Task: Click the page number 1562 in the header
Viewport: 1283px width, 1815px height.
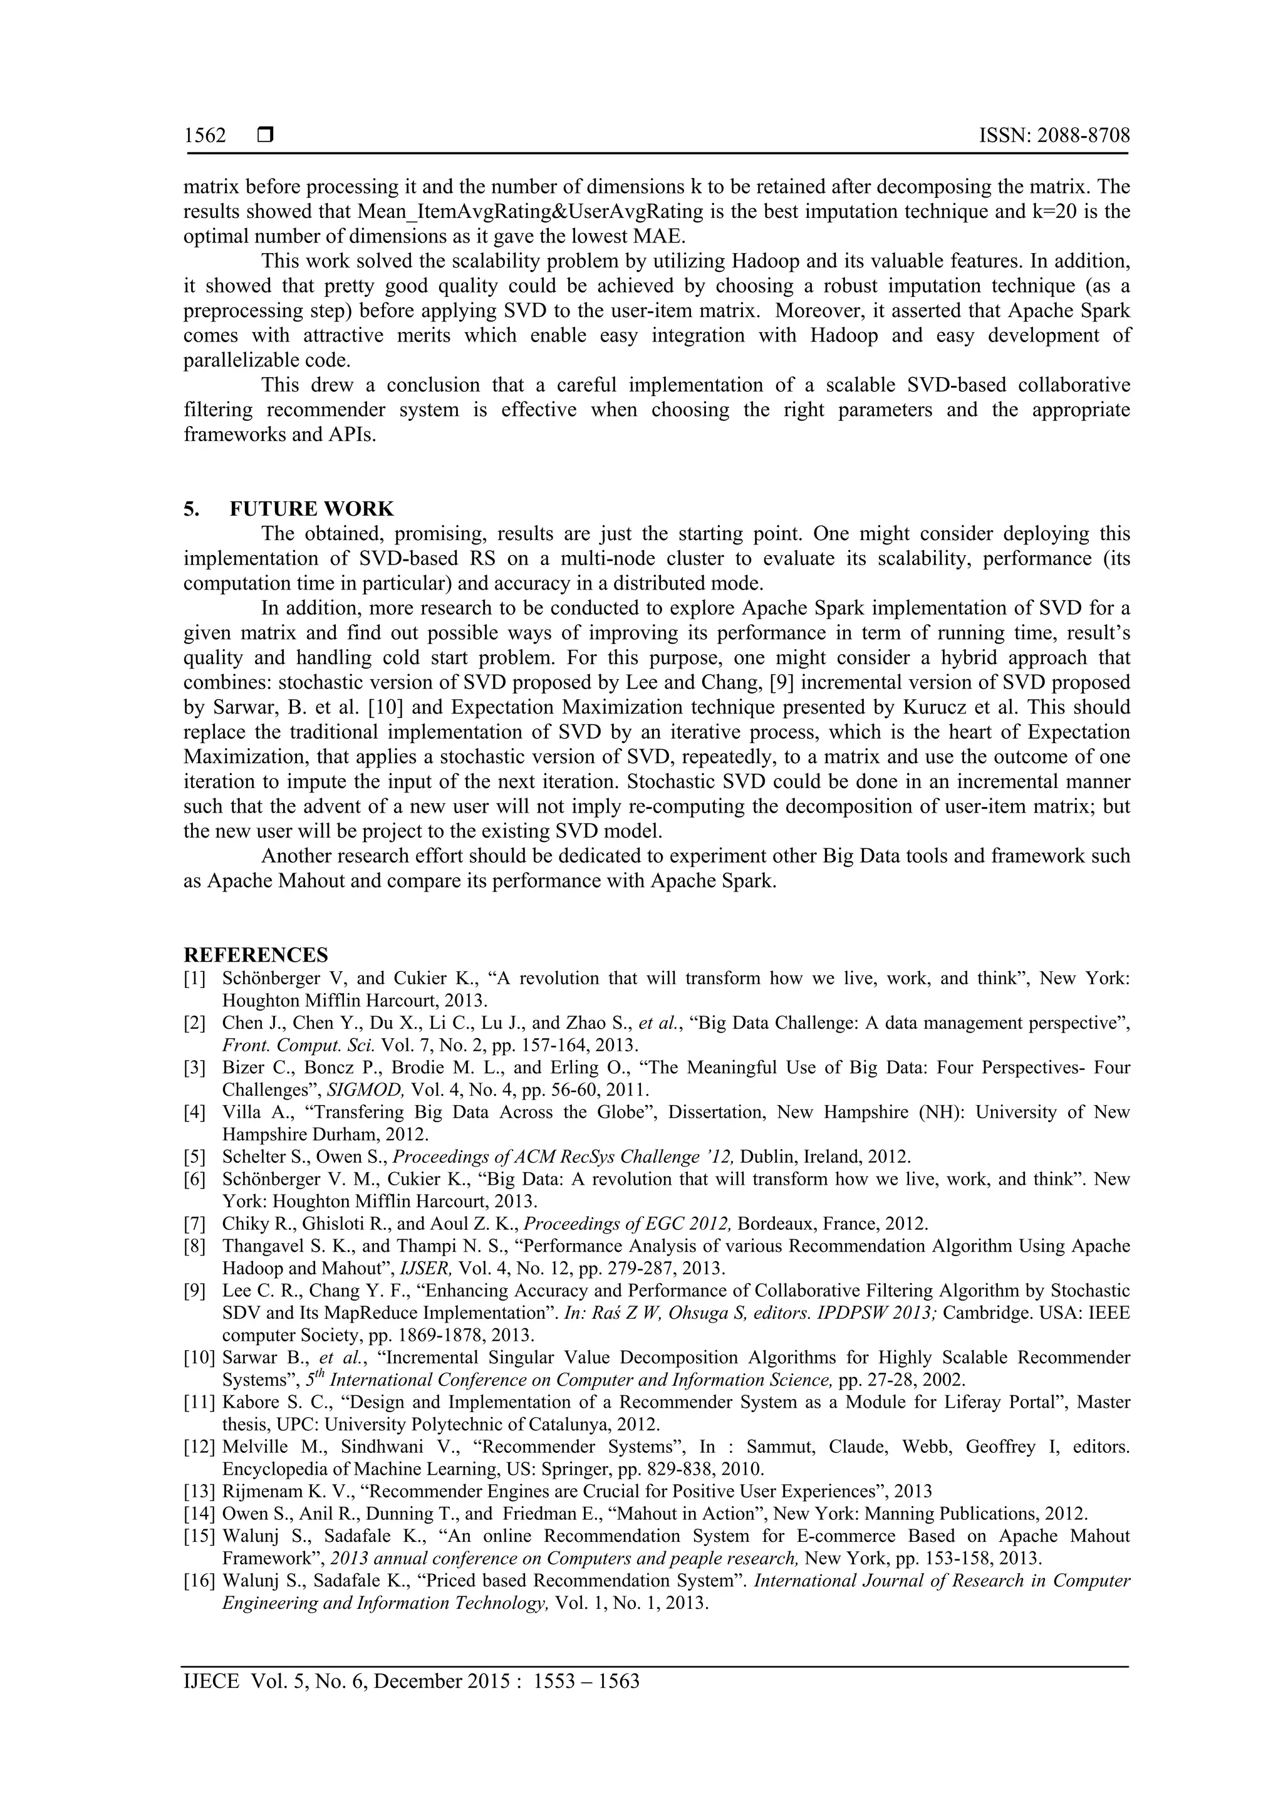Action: pos(205,136)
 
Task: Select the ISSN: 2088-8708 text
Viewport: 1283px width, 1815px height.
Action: pos(1054,136)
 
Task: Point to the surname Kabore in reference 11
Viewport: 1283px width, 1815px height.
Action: pos(247,1402)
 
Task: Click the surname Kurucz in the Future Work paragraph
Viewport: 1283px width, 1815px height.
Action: pos(992,707)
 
